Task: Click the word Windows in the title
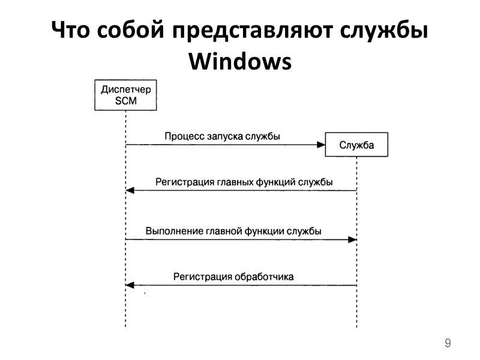pos(240,61)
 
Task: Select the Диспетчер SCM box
pos(125,95)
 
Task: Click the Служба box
pos(356,144)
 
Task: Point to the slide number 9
pos(447,343)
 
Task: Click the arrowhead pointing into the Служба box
pos(320,145)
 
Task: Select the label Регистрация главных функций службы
pos(244,181)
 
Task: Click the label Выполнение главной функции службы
pos(233,231)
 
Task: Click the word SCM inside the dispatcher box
pos(125,101)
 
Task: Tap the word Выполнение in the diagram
pos(170,231)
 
